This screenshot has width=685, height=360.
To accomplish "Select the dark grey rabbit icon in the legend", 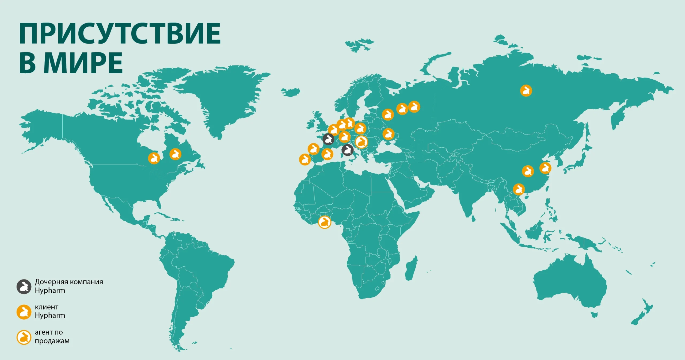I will click(24, 287).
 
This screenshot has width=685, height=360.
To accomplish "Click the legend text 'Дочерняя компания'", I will click(69, 282).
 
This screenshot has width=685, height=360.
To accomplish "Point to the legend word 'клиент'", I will click(47, 307).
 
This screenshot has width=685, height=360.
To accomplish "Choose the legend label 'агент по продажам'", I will click(52, 336).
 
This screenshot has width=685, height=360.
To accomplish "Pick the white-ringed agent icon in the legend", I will click(24, 337).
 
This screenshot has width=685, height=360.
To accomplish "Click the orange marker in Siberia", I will click(526, 91).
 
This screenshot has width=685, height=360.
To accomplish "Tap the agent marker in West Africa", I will click(324, 222).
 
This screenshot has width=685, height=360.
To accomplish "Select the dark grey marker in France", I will click(328, 139).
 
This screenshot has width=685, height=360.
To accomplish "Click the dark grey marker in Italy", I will click(347, 150).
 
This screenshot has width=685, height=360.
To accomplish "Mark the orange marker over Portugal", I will click(305, 159).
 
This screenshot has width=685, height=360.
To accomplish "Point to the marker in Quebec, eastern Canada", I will click(175, 154).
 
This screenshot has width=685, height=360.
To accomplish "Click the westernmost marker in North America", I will click(154, 158).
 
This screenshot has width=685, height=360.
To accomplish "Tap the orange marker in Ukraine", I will click(388, 134).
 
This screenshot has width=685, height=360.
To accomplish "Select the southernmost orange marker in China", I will click(519, 189).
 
